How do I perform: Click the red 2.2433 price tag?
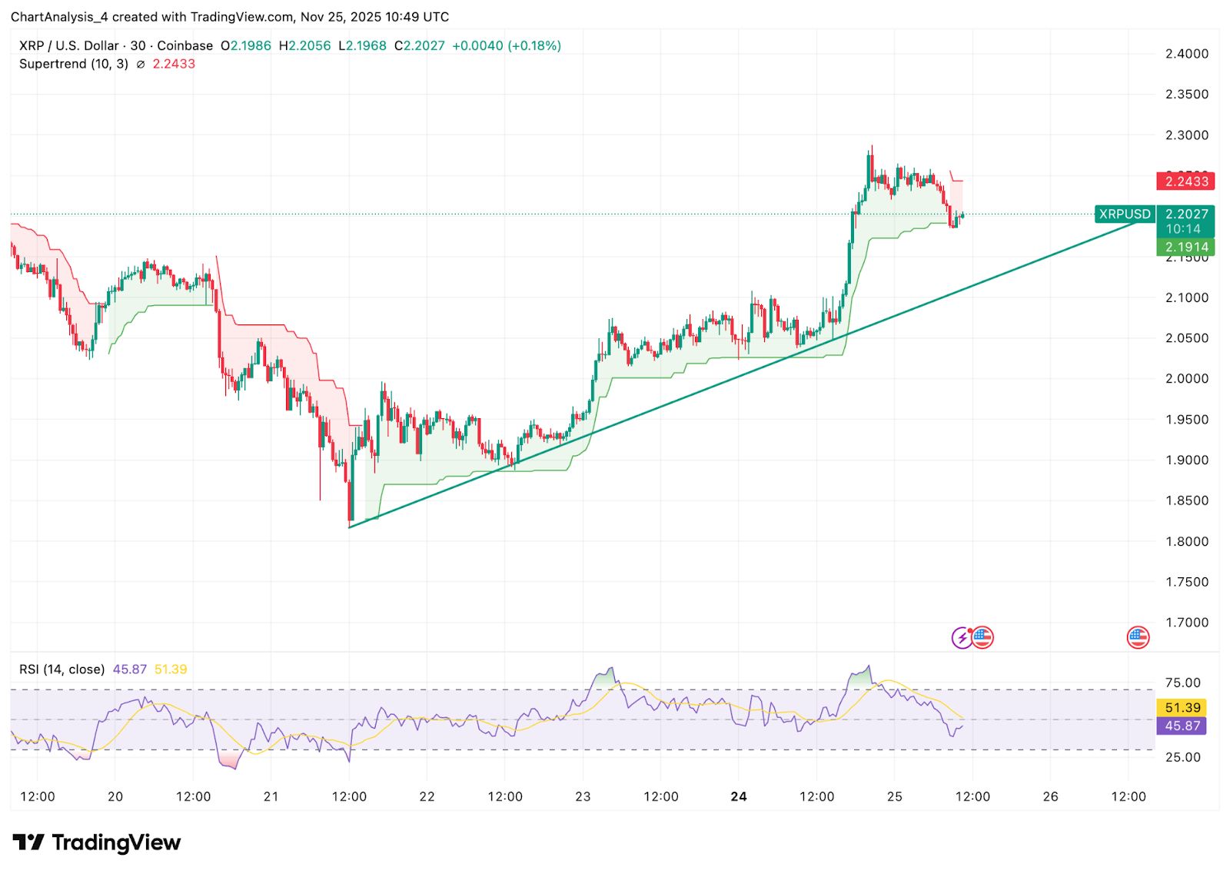[1186, 181]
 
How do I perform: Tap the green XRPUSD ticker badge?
[1124, 214]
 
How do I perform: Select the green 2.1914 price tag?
[1186, 247]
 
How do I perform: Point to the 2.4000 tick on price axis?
[1186, 54]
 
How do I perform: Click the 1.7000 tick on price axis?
[1186, 623]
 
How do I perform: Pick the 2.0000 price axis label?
[1186, 379]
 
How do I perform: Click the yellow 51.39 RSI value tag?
[1182, 707]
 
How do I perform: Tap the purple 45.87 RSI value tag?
[1182, 726]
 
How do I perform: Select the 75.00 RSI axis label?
[1182, 683]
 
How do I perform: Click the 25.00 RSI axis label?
[1182, 757]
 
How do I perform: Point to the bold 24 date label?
[739, 796]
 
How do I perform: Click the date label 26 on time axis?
[1050, 796]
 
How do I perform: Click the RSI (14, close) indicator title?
[61, 670]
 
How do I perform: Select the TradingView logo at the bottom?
[97, 842]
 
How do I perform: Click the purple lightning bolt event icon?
[962, 637]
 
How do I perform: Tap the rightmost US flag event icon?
[1138, 637]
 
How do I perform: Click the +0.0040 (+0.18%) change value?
[506, 46]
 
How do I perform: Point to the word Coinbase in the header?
[184, 46]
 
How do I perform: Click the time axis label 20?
[115, 796]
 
